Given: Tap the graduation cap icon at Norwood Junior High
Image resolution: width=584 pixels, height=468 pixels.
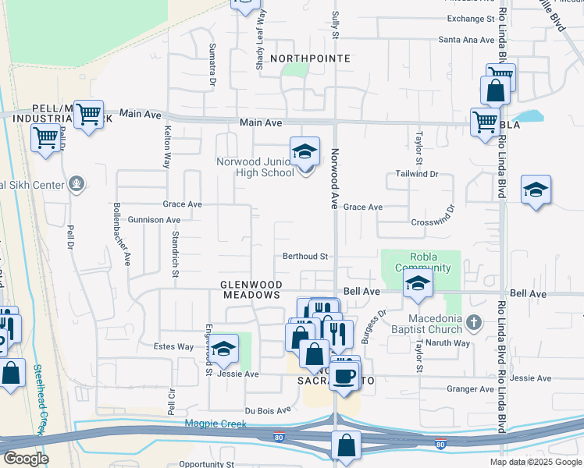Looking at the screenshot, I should click(305, 151).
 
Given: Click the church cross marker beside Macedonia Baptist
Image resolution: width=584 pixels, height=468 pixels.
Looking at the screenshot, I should click(473, 322).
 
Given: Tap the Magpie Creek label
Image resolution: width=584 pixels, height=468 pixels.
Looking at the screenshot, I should click(215, 424).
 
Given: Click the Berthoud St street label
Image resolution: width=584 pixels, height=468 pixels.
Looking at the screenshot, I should click(304, 256).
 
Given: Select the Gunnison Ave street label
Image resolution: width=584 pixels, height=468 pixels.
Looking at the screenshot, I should click(154, 220).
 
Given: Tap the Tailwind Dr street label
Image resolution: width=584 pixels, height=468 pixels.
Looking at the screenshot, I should click(417, 174).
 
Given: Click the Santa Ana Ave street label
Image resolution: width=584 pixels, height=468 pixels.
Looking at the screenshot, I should click(466, 39).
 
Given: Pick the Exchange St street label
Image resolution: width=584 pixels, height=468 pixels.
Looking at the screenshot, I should click(471, 19).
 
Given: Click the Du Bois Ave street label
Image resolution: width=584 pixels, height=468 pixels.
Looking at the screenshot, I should click(268, 409).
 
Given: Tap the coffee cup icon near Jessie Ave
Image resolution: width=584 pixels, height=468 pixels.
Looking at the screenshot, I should click(344, 376).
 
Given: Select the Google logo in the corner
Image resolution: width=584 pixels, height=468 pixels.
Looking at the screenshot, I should click(26, 458).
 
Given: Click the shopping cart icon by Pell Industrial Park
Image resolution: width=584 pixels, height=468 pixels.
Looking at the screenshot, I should click(89, 114).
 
